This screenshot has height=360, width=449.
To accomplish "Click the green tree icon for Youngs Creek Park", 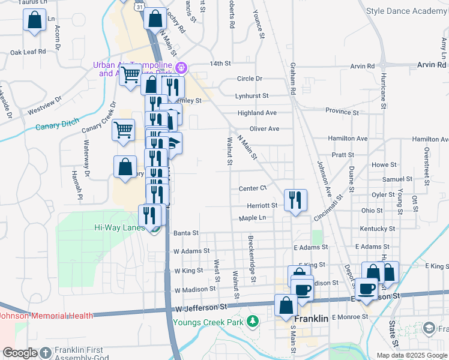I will point(253,321).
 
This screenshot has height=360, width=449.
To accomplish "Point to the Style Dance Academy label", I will point(406,11).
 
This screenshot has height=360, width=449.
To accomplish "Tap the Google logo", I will point(20,353).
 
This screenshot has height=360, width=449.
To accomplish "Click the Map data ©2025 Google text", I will point(411,355).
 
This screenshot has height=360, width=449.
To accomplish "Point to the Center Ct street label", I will point(252,188).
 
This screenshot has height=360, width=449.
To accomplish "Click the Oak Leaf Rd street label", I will point(28,52).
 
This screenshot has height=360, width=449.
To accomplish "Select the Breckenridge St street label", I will point(251,259).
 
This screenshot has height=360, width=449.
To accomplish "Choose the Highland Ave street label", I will point(256,112).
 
